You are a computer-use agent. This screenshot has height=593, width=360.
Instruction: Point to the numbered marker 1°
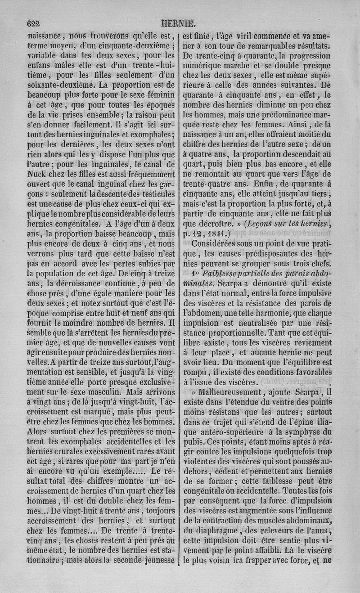(x=195, y=274)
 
